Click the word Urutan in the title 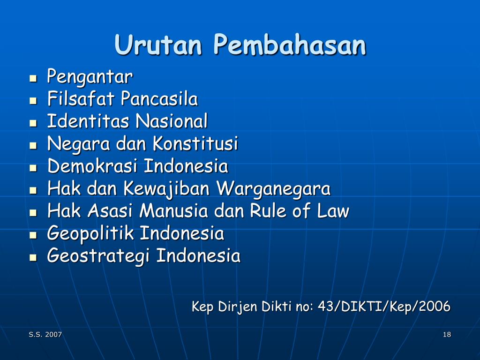click(x=158, y=45)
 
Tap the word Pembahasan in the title click(x=290, y=45)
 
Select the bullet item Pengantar click(x=90, y=76)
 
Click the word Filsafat click(x=81, y=98)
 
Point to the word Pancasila click(x=159, y=98)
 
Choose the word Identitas click(x=88, y=121)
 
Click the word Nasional click(x=172, y=121)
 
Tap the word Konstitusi click(x=195, y=143)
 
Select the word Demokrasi click(x=92, y=166)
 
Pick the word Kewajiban click(x=166, y=189)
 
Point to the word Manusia click(x=174, y=210)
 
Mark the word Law click(x=333, y=210)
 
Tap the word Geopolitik click(x=90, y=233)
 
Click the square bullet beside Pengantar click(x=33, y=78)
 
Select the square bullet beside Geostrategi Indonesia click(x=33, y=257)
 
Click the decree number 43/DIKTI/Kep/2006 click(x=384, y=306)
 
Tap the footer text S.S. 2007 click(x=45, y=334)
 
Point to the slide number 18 click(x=447, y=334)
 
